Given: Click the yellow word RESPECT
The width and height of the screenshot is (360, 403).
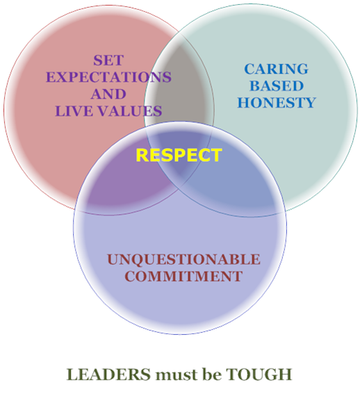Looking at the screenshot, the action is click(x=179, y=155).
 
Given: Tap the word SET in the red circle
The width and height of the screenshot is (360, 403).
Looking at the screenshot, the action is click(x=108, y=60).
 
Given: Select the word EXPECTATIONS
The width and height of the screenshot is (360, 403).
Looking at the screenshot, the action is click(x=108, y=77).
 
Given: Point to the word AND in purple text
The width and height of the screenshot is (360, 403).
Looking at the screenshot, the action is click(x=108, y=94).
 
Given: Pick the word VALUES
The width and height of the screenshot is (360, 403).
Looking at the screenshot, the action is click(x=130, y=111).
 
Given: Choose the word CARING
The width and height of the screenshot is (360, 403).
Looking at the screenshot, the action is click(x=276, y=69).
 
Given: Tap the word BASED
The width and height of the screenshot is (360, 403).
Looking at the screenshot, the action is click(x=277, y=85).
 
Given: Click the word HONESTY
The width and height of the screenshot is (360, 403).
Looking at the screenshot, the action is click(x=277, y=103).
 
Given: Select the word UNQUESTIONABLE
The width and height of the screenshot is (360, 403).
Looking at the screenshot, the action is click(x=183, y=259).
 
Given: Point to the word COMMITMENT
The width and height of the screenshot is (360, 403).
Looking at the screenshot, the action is click(x=183, y=277).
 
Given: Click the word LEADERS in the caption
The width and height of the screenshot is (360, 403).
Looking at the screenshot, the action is click(x=108, y=375).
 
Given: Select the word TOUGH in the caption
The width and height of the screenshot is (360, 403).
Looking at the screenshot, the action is click(x=259, y=375).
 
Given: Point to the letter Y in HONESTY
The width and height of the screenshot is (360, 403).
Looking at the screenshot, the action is click(x=310, y=103).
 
